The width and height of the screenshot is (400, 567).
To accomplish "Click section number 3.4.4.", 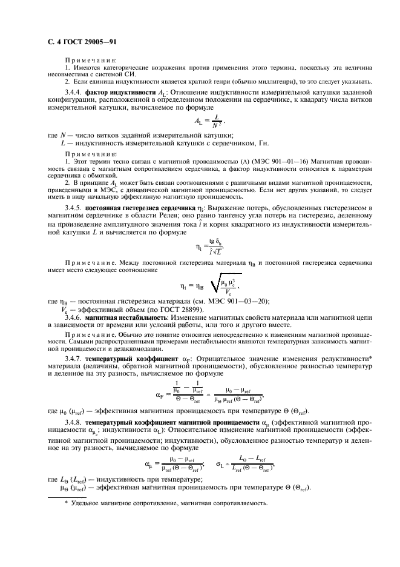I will click(74, 91).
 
